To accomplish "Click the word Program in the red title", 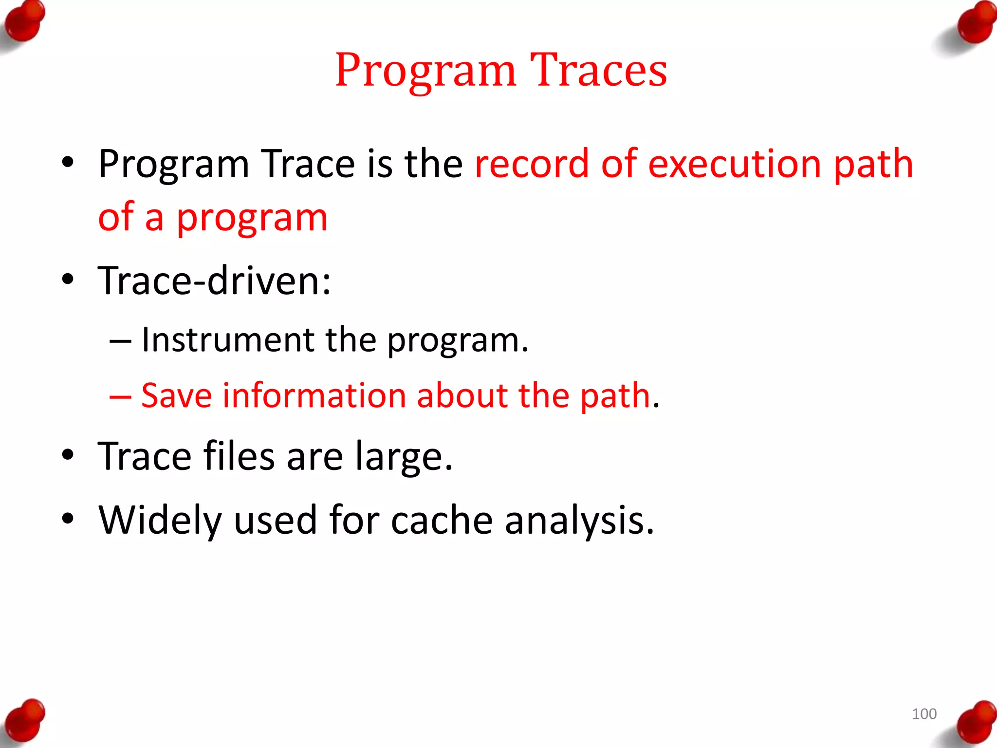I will coord(425,71).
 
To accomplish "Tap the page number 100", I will coord(923,714).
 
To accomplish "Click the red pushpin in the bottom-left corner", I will coord(24,720).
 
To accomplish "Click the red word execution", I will coord(735,164).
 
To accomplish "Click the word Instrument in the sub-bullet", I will coord(227,339).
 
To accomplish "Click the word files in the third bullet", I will coord(239,456).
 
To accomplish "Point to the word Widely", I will coord(160,520).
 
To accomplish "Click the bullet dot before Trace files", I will coord(68,454).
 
